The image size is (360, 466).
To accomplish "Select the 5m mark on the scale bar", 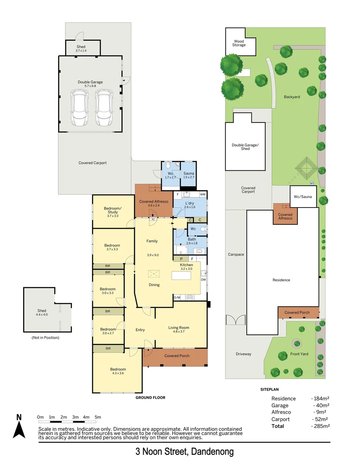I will pos(98,417).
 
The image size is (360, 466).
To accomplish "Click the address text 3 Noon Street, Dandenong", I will pos(185,452).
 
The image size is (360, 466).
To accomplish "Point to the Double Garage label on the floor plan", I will pos(90,82).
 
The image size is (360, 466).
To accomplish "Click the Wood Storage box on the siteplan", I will pos(239,43).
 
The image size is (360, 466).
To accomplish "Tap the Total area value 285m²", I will pos(320,426).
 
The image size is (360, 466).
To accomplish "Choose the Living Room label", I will pos(178,328).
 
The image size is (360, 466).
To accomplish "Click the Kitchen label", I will pos(186,264).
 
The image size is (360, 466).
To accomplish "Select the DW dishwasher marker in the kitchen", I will pos(203,280).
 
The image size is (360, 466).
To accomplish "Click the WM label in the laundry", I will pos(203,195).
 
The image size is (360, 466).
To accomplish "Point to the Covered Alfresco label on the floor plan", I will pos(153,202).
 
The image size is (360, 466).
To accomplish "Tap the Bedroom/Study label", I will pos(113,210).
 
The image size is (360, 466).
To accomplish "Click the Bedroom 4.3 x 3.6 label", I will pos(118,369).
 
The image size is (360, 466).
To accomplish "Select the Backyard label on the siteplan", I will pos(292,97).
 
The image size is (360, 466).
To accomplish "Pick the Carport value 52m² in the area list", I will pos(320,419).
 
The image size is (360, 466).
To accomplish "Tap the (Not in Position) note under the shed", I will pos(45,337).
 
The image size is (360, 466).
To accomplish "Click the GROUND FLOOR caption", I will pos(150,397).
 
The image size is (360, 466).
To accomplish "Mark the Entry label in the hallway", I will pos(140,330).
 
